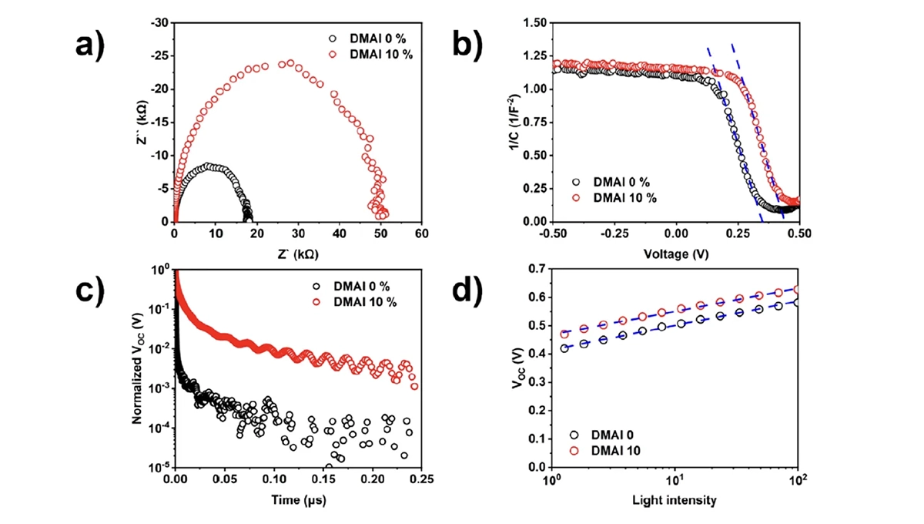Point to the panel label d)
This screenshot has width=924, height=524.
coord(469,291)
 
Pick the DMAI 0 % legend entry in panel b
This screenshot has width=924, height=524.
coord(613,182)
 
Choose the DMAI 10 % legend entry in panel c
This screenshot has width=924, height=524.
coord(361,301)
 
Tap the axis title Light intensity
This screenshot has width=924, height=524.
coord(675,500)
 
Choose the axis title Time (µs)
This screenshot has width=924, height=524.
coord(297,500)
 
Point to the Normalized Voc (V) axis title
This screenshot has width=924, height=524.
coord(137,368)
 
